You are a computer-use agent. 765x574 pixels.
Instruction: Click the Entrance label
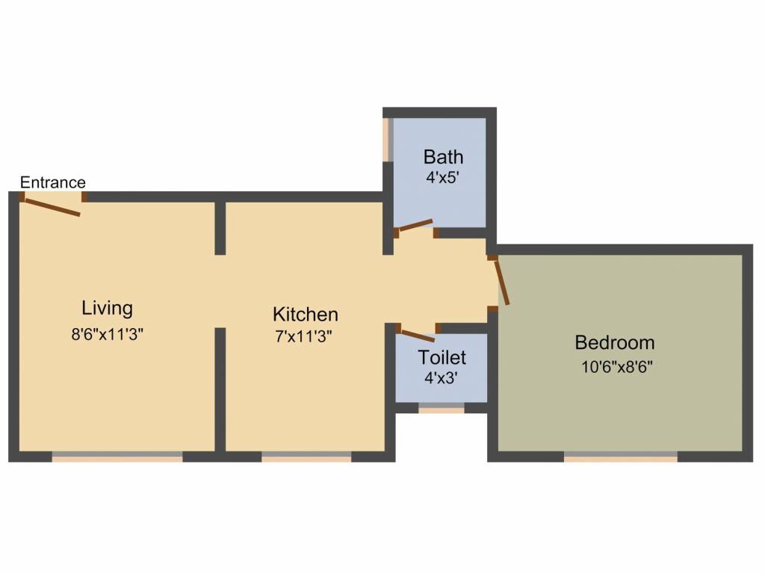pyautogui.click(x=52, y=182)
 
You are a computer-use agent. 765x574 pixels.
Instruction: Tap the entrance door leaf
pyautogui.click(x=52, y=207)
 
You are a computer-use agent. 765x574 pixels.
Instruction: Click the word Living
pyautogui.click(x=107, y=308)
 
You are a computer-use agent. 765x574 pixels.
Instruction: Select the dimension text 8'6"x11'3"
pyautogui.click(x=107, y=334)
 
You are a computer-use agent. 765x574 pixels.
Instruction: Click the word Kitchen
pyautogui.click(x=305, y=314)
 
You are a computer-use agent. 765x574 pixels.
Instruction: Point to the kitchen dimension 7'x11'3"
pyautogui.click(x=303, y=336)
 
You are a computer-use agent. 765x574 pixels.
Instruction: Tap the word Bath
pyautogui.click(x=443, y=157)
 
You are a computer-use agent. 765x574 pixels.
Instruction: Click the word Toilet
pyautogui.click(x=442, y=357)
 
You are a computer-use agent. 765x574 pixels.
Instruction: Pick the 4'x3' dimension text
pyautogui.click(x=441, y=378)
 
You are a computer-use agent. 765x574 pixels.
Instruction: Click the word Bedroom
pyautogui.click(x=614, y=343)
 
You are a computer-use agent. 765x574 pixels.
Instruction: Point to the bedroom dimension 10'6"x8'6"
pyautogui.click(x=617, y=367)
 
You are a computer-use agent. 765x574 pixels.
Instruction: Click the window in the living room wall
pyautogui.click(x=117, y=456)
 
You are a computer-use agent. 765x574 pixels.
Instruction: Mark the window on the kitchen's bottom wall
pyautogui.click(x=306, y=456)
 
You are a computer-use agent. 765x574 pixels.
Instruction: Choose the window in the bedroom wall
pyautogui.click(x=620, y=456)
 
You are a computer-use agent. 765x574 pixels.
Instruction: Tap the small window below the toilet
pyautogui.click(x=441, y=408)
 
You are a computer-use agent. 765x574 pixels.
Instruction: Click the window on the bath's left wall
pyautogui.click(x=388, y=139)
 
